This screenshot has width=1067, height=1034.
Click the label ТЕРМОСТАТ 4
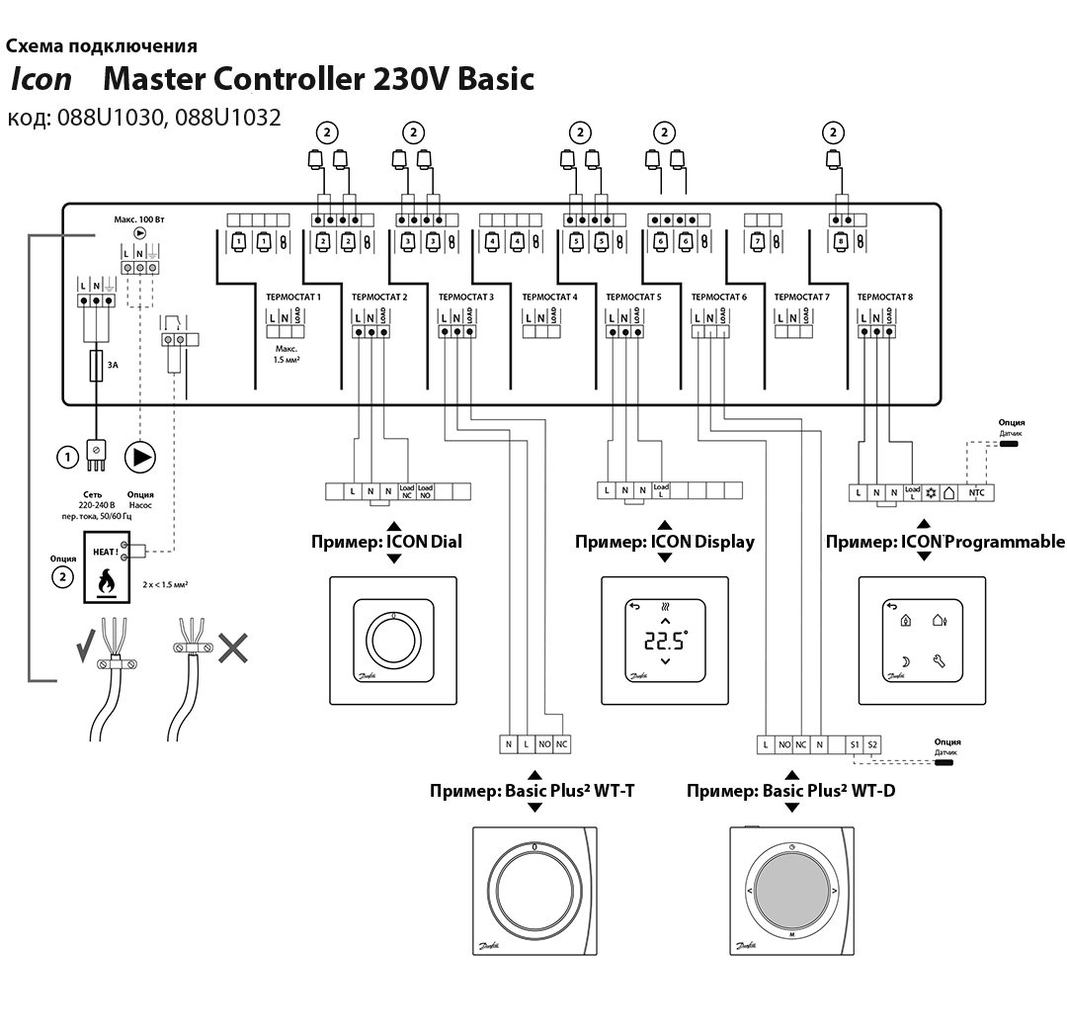tap(549, 297)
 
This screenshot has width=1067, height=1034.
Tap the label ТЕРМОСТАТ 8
tap(885, 297)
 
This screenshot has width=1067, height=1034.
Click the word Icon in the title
tap(41, 79)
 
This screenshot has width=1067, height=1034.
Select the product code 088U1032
tap(228, 118)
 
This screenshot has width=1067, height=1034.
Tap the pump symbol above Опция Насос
tap(141, 457)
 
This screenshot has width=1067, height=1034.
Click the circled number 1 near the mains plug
tap(67, 457)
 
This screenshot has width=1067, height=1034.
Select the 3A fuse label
tap(113, 365)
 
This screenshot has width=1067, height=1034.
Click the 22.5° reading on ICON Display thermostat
tap(664, 640)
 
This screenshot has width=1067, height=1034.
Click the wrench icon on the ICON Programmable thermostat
tap(939, 660)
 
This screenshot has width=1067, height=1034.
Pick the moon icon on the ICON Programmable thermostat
tap(905, 660)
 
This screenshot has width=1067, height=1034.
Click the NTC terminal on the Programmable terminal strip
tap(976, 491)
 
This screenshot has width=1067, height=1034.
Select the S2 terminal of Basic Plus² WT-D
tap(872, 743)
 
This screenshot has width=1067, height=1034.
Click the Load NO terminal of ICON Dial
tap(425, 490)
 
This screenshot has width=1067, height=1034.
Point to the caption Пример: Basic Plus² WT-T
tap(534, 790)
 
